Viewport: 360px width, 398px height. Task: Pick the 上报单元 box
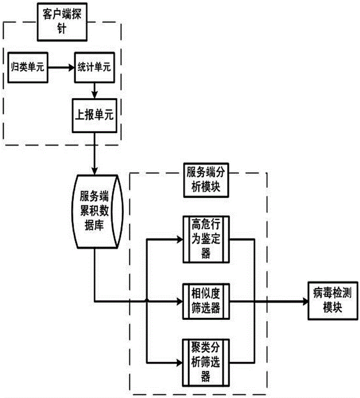(x=94, y=115)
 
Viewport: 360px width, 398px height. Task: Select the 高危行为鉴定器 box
(x=206, y=239)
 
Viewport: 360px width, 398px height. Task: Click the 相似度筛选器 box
(x=206, y=301)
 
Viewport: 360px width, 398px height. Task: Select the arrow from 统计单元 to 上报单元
(x=94, y=90)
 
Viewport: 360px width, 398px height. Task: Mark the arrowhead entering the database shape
(x=94, y=171)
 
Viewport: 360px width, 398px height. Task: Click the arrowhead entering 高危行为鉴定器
(x=179, y=239)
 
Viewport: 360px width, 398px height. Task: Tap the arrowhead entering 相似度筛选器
(x=179, y=301)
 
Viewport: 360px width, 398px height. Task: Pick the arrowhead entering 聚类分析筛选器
(x=179, y=363)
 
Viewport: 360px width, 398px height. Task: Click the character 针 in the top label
(x=62, y=31)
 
